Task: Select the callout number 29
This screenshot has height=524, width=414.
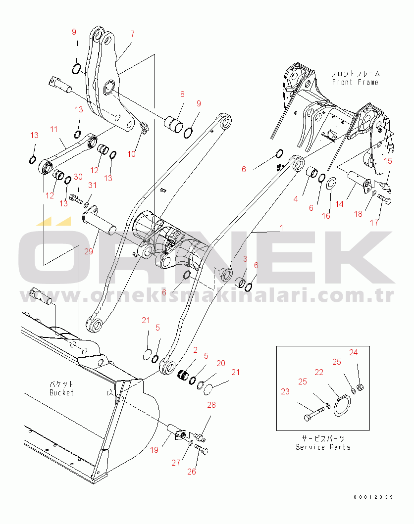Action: click(89, 251)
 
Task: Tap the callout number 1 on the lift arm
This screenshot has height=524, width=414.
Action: click(281, 228)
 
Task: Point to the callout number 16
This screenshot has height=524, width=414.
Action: click(326, 216)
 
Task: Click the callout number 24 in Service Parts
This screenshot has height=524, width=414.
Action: click(353, 352)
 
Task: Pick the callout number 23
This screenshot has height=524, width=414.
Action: click(285, 391)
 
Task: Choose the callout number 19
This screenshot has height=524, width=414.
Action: click(154, 450)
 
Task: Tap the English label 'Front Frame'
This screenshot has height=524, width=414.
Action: click(355, 82)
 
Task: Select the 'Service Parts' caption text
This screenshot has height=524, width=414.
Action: click(323, 447)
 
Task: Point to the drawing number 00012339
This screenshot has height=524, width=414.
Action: click(373, 496)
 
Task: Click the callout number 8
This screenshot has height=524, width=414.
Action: click(182, 94)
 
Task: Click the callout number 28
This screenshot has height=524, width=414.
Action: click(211, 405)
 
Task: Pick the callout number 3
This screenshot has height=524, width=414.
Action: click(245, 259)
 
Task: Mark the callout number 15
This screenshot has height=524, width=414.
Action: click(388, 160)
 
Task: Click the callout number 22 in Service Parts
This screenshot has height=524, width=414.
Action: click(319, 372)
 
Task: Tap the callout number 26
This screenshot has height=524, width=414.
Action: click(192, 472)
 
